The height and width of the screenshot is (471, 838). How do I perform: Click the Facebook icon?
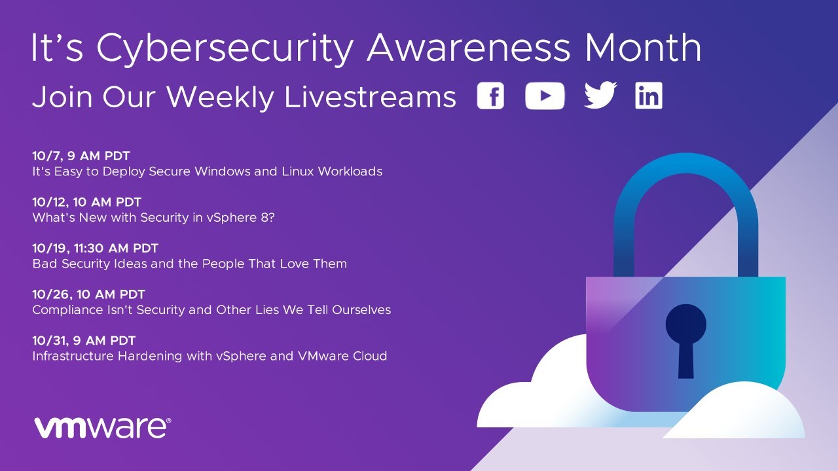(490, 96)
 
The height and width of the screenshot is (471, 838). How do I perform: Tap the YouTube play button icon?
(545, 96)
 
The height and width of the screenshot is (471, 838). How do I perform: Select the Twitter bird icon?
(600, 95)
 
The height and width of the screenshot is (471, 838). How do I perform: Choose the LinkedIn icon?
(649, 96)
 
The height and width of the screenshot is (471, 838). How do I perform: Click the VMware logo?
(103, 428)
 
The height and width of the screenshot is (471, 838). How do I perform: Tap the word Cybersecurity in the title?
(225, 48)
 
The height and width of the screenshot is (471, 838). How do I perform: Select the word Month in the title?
(643, 48)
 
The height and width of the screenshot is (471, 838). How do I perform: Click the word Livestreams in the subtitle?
(370, 96)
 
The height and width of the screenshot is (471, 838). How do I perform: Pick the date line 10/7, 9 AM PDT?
(81, 156)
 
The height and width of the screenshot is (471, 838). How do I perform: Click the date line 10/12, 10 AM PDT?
(87, 202)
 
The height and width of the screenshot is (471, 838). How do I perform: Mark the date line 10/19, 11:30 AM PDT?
(96, 248)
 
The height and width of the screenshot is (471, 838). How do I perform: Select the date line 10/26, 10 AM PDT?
(88, 294)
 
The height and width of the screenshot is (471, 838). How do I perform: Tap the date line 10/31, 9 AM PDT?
(84, 341)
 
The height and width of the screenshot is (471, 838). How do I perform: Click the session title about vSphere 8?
(154, 218)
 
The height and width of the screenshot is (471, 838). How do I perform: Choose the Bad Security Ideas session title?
(190, 264)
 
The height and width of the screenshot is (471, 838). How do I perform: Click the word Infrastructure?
(73, 357)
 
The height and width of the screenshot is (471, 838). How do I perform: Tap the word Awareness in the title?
(468, 48)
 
